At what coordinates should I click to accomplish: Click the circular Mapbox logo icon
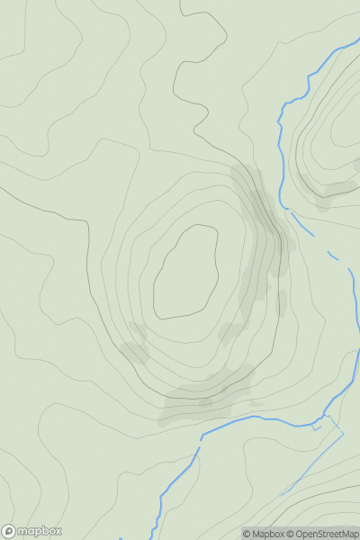[8, 532]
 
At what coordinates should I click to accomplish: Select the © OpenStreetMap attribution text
[322, 534]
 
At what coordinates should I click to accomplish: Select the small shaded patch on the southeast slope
[232, 333]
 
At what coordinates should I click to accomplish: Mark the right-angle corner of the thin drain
[343, 433]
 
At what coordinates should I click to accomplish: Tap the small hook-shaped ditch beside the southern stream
[317, 427]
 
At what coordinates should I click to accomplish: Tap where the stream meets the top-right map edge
[356, 41]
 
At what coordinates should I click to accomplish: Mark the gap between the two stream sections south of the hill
[197, 441]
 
